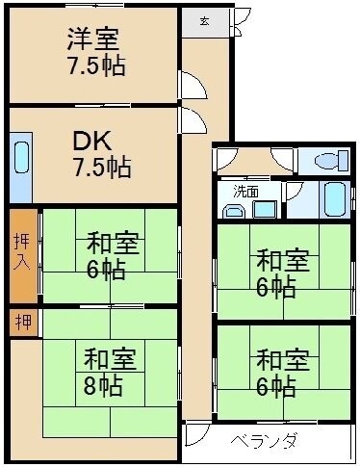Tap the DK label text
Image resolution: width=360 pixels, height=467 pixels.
(90, 141)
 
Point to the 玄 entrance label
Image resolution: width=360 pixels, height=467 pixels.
(206, 20)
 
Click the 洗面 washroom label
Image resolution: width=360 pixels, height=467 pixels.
(247, 192)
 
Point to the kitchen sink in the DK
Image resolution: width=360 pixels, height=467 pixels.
(21, 157)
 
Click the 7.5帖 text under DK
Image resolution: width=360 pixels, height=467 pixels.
(103, 167)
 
